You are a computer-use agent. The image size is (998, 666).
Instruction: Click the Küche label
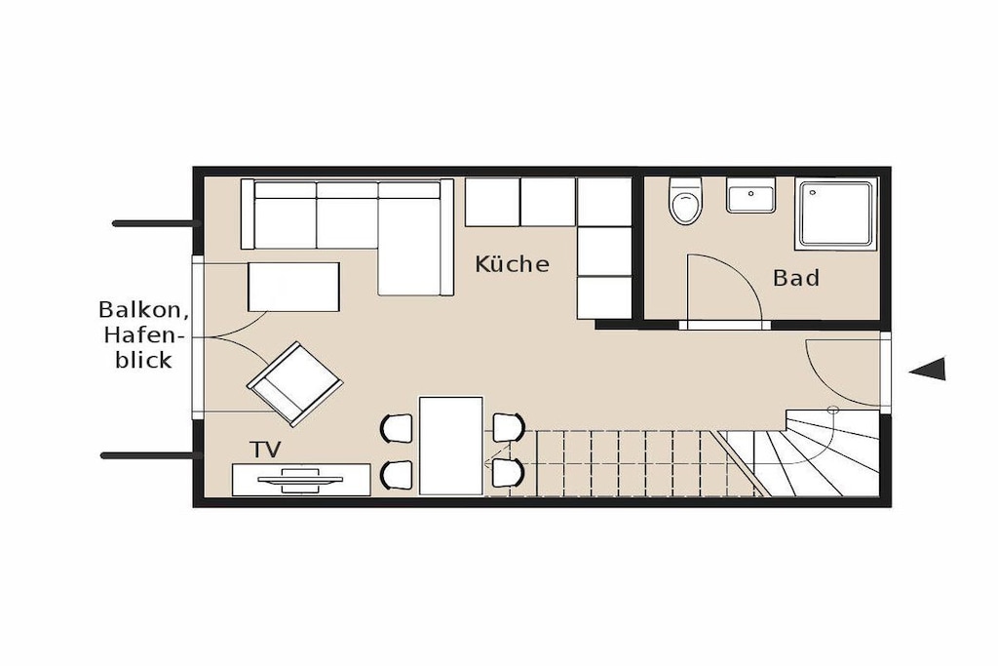pos(512,263)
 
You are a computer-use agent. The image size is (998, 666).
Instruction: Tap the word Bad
pos(795,278)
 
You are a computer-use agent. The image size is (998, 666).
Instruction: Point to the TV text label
pos(265,450)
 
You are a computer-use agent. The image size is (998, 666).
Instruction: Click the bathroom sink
pos(751,195)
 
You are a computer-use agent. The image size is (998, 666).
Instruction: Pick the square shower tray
pos(835,214)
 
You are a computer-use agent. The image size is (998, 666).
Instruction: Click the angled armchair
pos(294,384)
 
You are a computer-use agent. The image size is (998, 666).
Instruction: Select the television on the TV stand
pos(300,480)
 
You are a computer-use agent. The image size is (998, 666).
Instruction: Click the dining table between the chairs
pos(450,446)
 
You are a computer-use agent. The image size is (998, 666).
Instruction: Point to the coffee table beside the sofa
pos(293,287)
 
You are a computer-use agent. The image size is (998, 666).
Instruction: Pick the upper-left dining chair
pos(397,428)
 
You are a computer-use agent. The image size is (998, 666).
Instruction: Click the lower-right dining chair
pos(509,473)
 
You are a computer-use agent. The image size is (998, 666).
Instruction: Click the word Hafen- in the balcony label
pos(143,334)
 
